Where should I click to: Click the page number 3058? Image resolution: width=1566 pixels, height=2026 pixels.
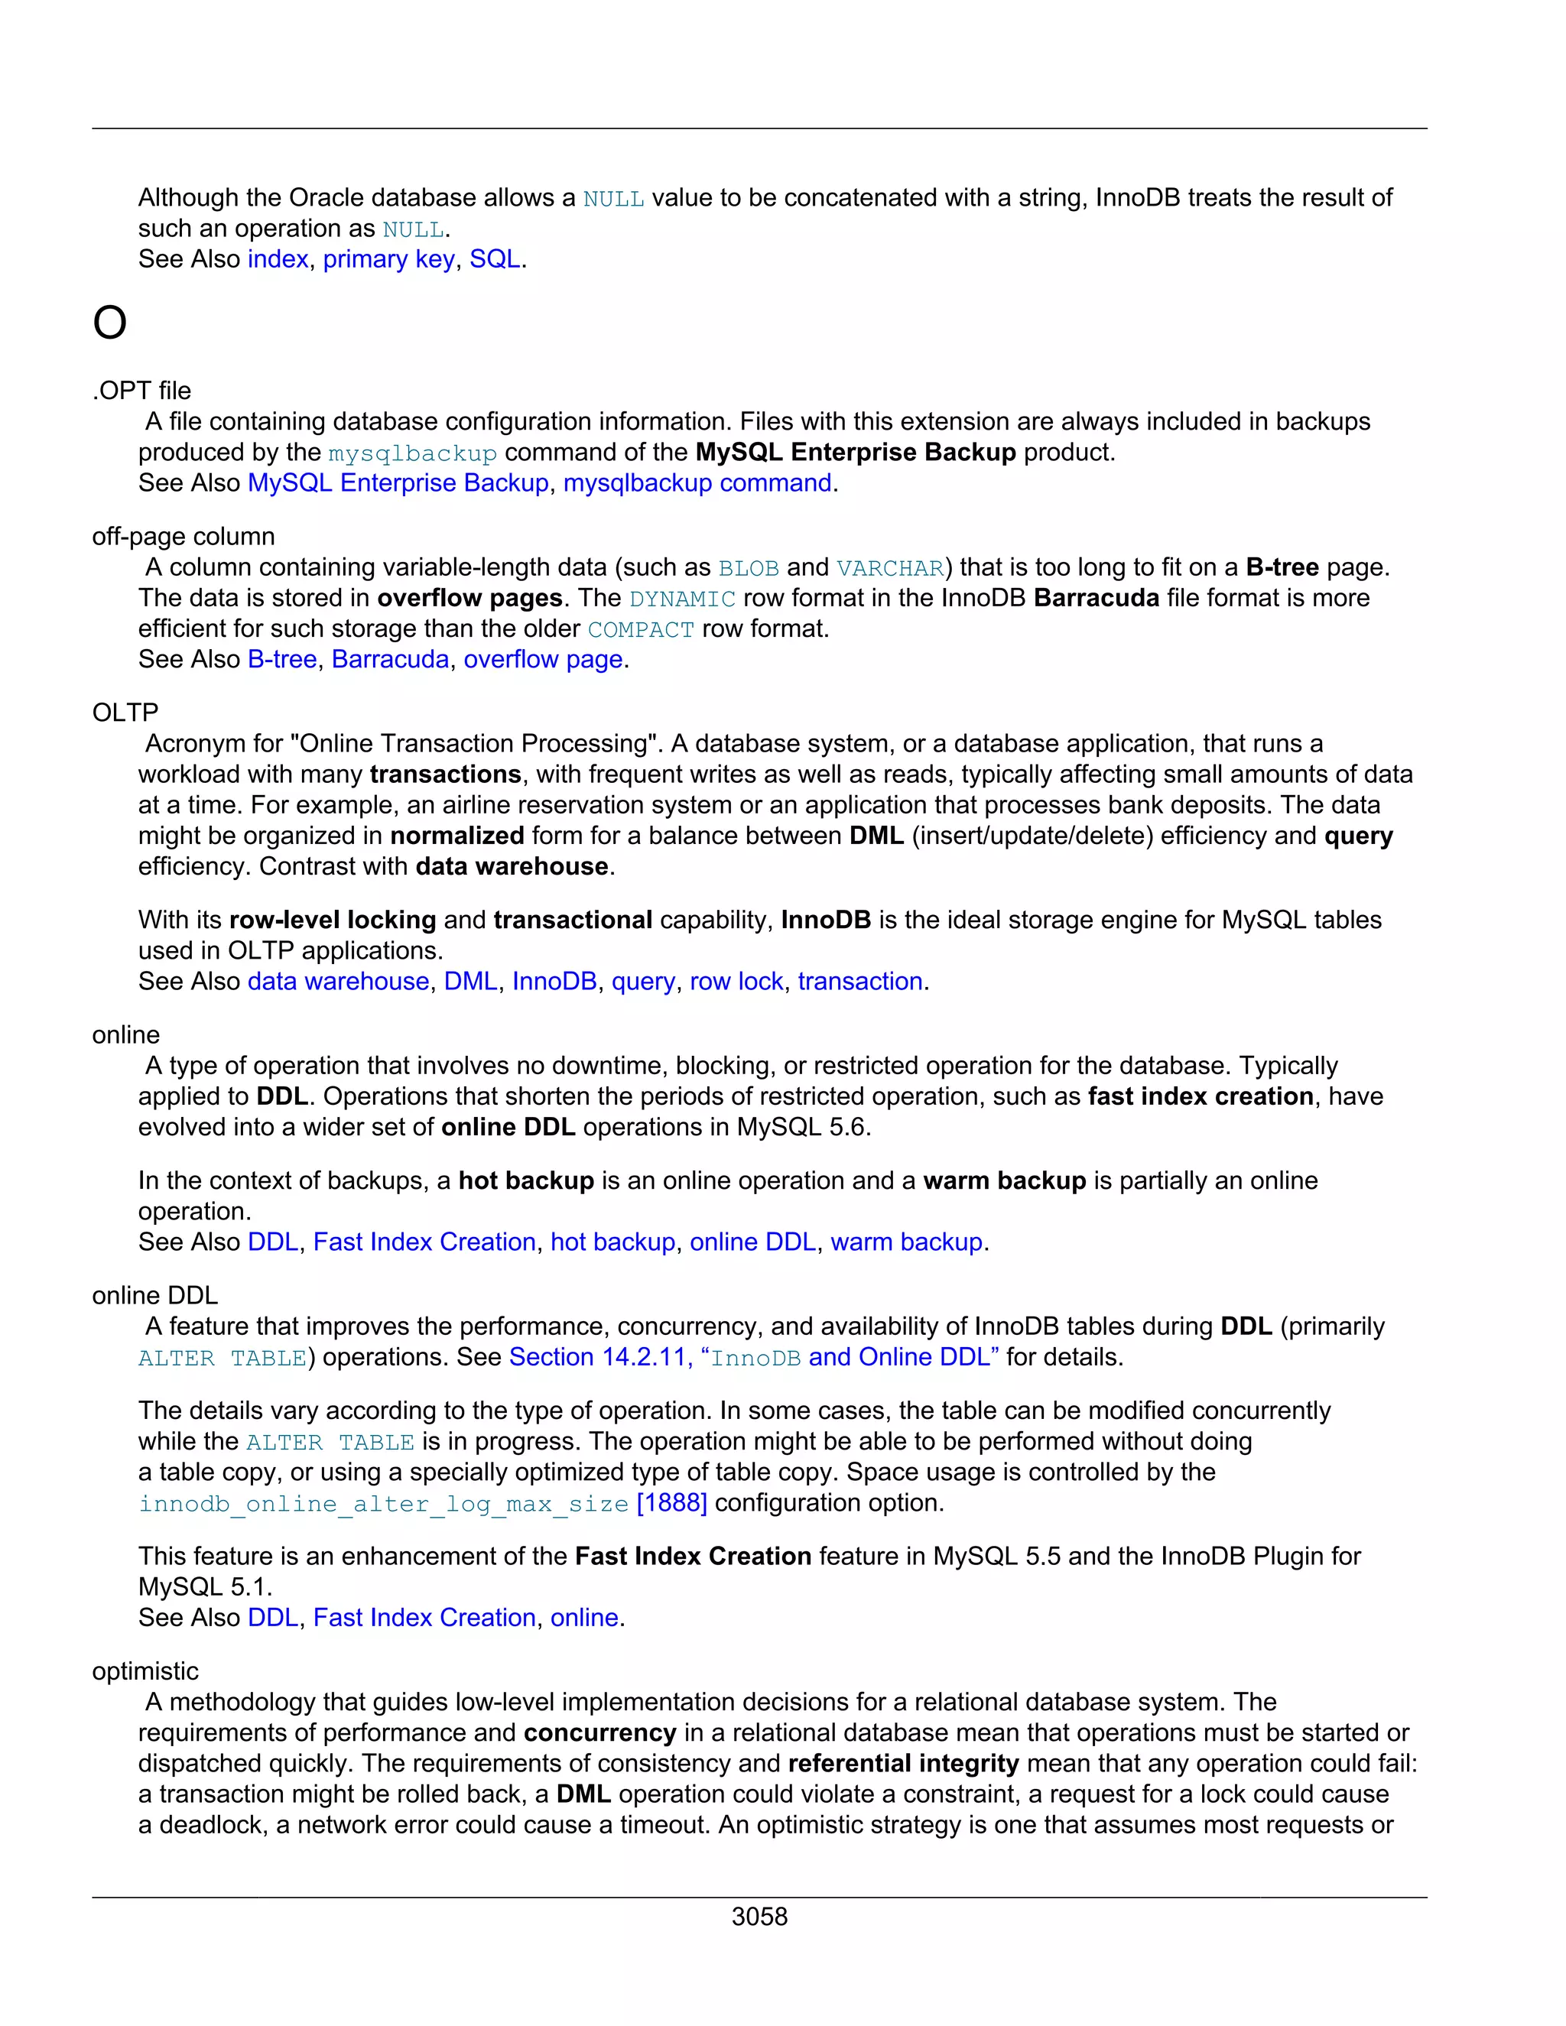point(759,1917)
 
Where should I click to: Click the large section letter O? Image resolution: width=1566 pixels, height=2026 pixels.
point(109,323)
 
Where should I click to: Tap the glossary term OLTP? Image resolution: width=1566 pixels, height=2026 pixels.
point(125,713)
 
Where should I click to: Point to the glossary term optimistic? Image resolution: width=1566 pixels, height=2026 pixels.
point(145,1670)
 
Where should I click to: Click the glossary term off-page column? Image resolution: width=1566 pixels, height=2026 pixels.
point(183,536)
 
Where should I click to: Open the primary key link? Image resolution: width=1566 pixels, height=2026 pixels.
point(388,259)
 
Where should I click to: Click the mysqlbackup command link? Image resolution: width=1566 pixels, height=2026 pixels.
point(697,482)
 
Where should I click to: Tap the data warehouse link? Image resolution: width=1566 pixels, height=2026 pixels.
point(338,981)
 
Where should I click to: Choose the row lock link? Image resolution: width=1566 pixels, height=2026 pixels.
point(736,981)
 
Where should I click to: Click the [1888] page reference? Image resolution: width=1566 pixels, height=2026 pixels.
point(671,1502)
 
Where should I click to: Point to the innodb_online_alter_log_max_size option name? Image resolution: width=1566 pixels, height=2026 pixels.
point(383,1503)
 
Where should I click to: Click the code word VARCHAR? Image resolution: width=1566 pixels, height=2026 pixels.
point(889,568)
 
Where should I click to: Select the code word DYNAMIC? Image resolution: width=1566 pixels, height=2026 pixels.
point(682,599)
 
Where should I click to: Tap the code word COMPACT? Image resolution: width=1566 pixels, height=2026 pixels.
point(640,629)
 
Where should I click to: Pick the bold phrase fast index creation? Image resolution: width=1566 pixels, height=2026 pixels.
point(1200,1096)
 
